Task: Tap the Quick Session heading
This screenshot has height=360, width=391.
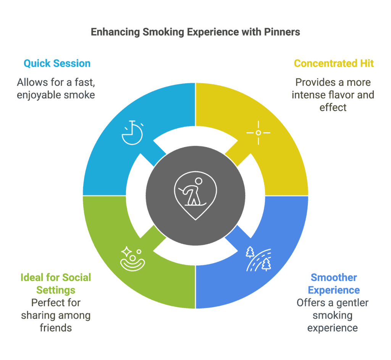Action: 57,63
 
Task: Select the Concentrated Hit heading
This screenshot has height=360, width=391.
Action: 334,63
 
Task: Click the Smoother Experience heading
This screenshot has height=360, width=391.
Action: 334,284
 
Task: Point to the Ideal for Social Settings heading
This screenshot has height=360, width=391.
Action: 56,284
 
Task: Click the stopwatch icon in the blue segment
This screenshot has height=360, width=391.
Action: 132,132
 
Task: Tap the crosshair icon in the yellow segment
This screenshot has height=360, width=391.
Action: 259,133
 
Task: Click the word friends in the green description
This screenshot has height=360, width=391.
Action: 56,328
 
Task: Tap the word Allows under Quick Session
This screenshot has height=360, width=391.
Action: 33,82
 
